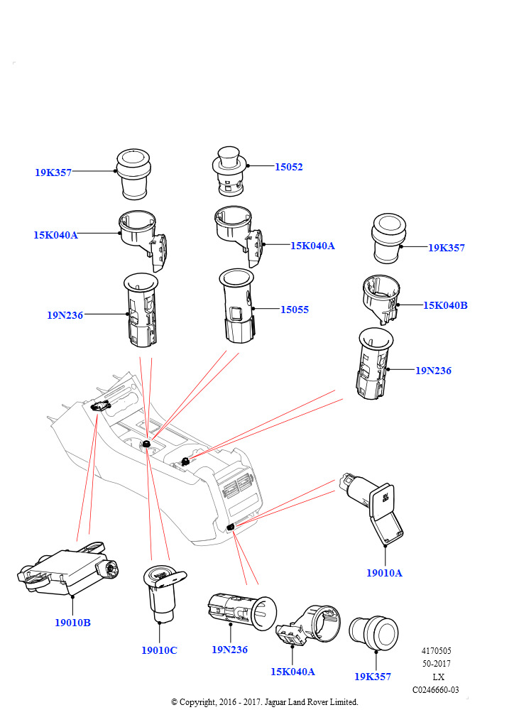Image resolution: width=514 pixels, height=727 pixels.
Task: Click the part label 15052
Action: (289, 167)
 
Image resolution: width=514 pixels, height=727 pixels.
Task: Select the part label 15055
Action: (294, 310)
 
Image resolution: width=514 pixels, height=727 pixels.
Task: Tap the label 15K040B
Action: (445, 305)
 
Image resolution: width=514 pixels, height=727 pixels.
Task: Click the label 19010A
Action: (384, 573)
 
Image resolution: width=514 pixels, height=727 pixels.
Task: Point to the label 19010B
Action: (72, 623)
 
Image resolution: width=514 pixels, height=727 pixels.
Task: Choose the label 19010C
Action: (159, 650)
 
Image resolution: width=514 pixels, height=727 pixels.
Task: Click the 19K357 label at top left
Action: (53, 172)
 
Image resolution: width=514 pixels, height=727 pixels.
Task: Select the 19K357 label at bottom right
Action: (373, 677)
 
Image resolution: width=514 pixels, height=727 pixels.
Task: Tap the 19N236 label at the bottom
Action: (229, 649)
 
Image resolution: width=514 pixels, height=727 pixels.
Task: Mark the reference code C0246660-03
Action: (435, 689)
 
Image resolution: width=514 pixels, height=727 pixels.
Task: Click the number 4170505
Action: (437, 651)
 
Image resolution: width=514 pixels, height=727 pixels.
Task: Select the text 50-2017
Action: (437, 664)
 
